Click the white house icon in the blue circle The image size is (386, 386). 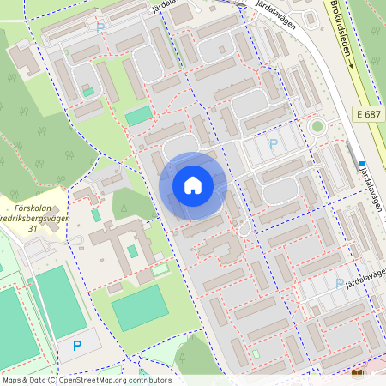tap(193, 185)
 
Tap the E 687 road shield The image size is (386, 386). tap(370, 114)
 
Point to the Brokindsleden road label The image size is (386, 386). tap(339, 26)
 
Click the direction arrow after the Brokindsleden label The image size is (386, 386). tap(350, 63)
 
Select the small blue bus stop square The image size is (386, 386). tap(363, 164)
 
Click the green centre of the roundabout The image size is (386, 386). tap(317, 128)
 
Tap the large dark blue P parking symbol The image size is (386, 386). tap(76, 346)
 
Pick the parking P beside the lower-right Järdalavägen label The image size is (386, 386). tap(340, 282)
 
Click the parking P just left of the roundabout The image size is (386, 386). tap(274, 144)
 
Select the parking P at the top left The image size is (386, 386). tap(100, 27)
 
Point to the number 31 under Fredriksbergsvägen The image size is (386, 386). tap(33, 228)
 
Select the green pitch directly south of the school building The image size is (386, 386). tap(139, 307)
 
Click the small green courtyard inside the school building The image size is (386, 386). tap(132, 251)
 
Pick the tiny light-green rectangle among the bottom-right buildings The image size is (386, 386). tap(256, 353)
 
